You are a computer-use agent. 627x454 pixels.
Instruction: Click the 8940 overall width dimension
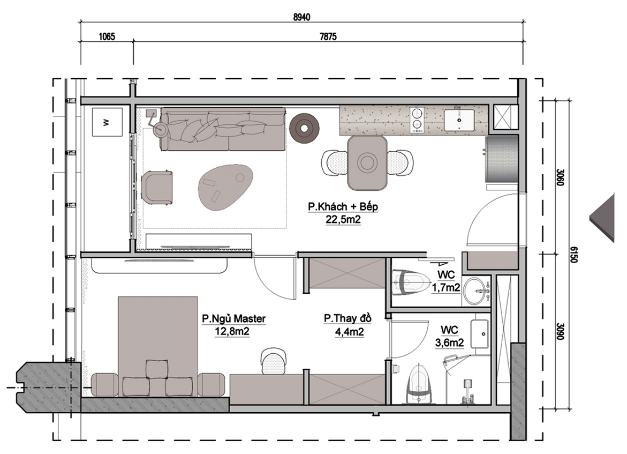[301, 17]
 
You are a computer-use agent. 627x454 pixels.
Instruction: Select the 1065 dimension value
[107, 37]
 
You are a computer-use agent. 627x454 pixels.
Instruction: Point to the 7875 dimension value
[328, 37]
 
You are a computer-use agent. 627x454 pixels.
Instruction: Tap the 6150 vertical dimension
[573, 254]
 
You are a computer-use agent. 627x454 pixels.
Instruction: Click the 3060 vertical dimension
[560, 177]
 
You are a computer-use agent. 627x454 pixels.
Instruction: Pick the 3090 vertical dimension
[560, 331]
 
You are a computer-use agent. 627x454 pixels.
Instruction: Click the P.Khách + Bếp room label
[343, 206]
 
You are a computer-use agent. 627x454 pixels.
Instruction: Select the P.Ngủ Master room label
[233, 319]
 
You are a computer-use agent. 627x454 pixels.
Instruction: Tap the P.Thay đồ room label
[348, 318]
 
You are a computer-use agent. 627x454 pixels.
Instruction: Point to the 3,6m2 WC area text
[449, 343]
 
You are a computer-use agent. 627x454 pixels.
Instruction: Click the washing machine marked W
[107, 122]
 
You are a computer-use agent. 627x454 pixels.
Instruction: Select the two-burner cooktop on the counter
[417, 120]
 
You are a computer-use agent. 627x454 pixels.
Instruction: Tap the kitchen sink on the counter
[459, 120]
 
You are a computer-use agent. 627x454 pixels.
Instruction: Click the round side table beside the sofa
[304, 128]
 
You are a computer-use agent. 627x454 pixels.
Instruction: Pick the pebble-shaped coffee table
[225, 188]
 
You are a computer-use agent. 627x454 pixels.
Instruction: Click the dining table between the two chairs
[367, 162]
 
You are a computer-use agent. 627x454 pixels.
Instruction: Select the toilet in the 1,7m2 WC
[410, 282]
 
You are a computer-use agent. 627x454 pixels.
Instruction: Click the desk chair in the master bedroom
[274, 361]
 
